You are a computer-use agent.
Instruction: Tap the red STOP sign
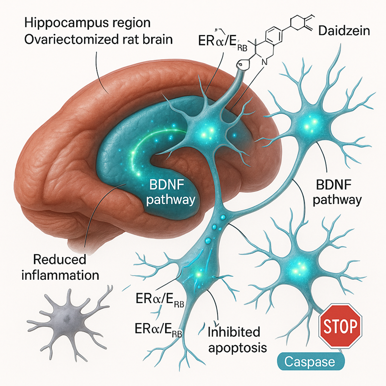coord(341,328)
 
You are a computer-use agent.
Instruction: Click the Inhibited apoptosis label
coord(233,340)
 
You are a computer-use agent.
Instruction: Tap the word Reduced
coord(59,260)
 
